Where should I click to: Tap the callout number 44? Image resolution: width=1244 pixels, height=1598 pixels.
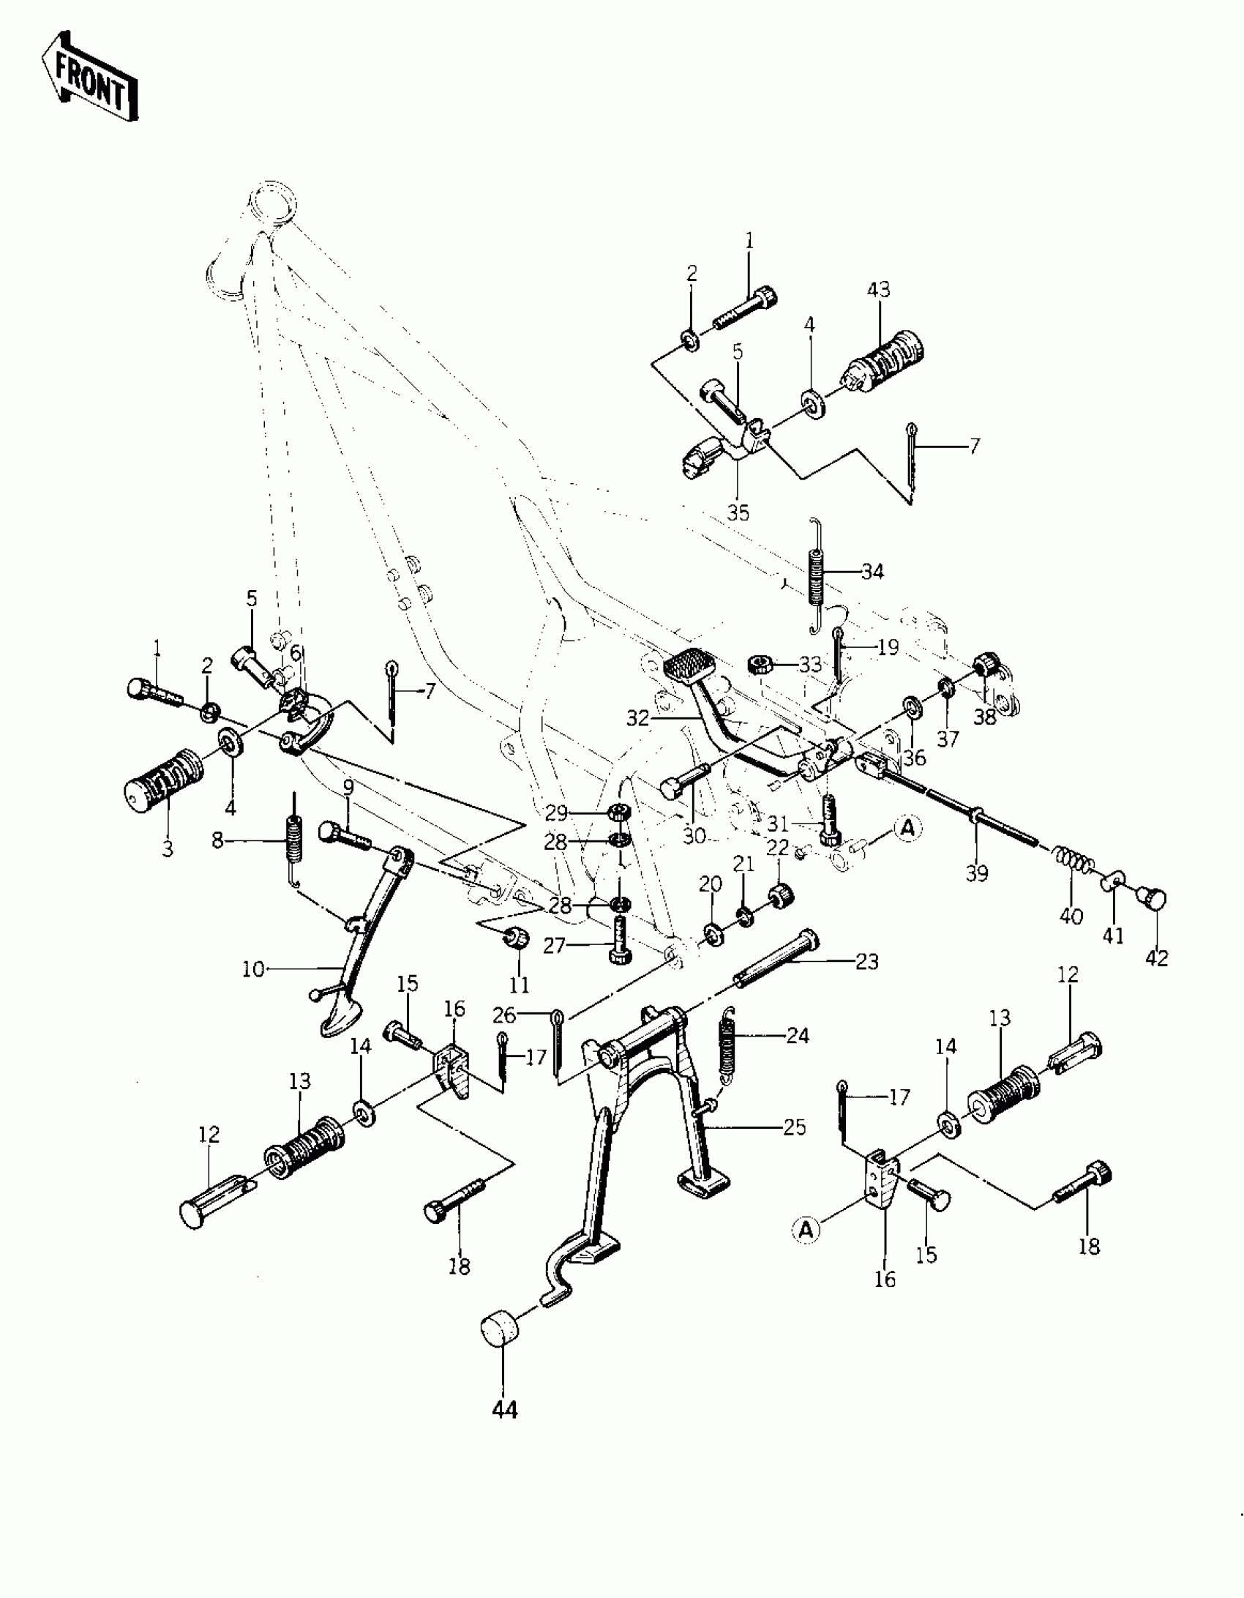click(x=505, y=1409)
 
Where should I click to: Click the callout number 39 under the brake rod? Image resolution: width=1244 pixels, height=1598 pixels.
click(x=977, y=873)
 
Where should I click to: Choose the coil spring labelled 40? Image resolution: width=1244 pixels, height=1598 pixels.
click(x=1072, y=859)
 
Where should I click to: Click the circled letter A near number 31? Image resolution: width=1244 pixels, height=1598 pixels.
click(x=907, y=828)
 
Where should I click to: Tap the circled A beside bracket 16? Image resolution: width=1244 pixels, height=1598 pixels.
click(x=806, y=1229)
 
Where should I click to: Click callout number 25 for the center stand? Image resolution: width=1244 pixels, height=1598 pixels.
click(x=794, y=1127)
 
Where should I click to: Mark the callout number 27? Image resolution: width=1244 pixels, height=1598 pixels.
click(x=554, y=946)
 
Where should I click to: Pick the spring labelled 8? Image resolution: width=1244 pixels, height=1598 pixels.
click(x=293, y=842)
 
